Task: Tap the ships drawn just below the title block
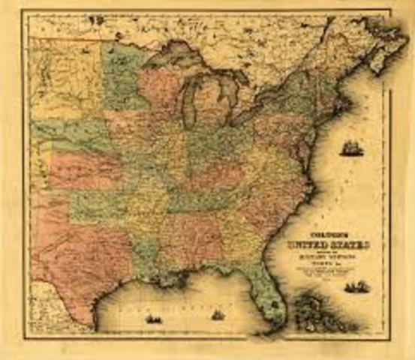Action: pyautogui.click(x=356, y=286)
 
